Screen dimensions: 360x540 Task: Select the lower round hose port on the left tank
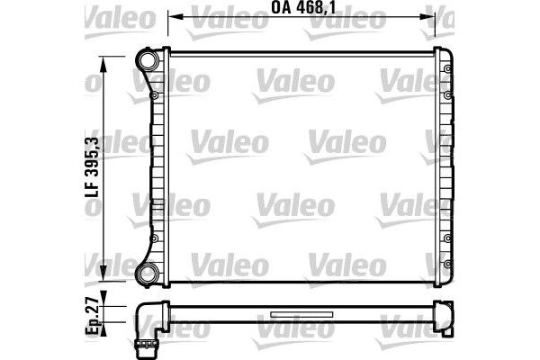pos(147,272)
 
